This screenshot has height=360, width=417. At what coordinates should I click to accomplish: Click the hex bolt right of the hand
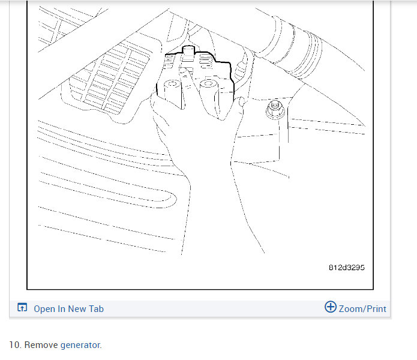point(274,111)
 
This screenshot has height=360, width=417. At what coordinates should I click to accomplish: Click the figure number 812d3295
point(346,268)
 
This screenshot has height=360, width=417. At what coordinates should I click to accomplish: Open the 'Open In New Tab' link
point(68,308)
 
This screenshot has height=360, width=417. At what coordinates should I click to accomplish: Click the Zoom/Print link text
point(362,308)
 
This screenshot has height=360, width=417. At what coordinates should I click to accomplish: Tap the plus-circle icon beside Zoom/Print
point(330,307)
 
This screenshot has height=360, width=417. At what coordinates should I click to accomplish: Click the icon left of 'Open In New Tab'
point(22,308)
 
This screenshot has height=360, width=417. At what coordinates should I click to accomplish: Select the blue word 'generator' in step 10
point(80,345)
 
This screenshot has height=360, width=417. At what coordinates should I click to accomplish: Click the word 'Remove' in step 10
point(41,345)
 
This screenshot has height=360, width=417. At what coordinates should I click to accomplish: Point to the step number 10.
point(15,345)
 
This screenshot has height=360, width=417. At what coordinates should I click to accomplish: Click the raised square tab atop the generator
point(189,53)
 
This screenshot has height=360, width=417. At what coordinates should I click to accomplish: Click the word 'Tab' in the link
point(96,308)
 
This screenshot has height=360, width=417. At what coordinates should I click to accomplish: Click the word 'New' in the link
point(77,308)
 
